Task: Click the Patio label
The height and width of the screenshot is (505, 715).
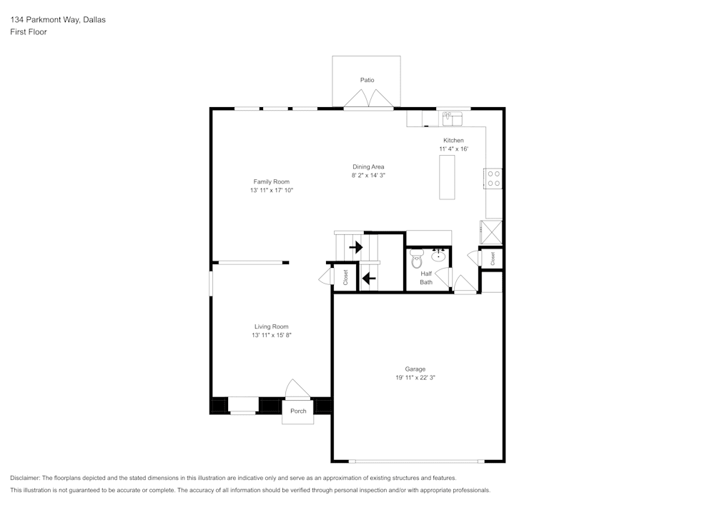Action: point(367,80)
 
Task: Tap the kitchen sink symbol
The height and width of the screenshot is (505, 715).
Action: point(452,116)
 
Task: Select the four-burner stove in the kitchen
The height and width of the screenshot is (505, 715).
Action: point(493,178)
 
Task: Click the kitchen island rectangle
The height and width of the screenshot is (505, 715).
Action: point(447,177)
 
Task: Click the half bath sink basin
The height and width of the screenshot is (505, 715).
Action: point(438,256)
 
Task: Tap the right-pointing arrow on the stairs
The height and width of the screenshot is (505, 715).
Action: point(355,248)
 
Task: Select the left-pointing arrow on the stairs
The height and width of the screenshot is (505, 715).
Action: point(369,278)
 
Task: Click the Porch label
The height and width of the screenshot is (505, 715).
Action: point(298,411)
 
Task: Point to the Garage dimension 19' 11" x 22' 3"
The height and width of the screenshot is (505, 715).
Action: point(415,378)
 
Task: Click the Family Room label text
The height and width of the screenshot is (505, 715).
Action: point(272,181)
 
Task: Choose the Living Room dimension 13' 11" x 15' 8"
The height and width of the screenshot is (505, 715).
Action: point(272,335)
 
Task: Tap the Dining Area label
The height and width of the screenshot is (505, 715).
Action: point(368,166)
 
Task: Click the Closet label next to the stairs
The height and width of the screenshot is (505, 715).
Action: point(345,277)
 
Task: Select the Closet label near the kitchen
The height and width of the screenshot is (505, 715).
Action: point(493,258)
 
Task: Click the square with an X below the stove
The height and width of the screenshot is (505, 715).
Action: point(492,233)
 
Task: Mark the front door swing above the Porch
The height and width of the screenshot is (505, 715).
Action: point(297,389)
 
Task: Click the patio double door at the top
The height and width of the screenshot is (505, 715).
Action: point(368,100)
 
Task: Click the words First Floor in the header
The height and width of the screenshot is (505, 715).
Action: point(29,32)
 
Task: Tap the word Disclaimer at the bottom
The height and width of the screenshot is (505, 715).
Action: point(26,478)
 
